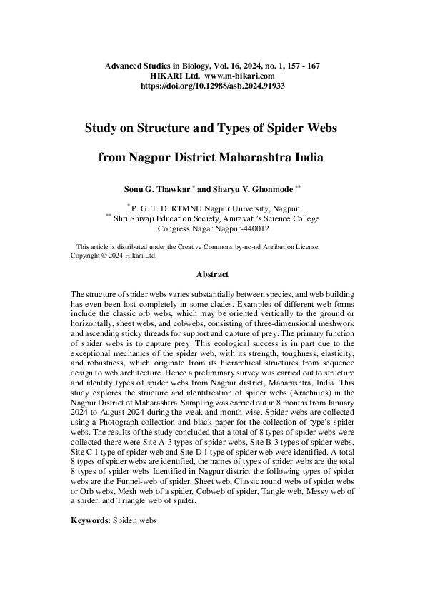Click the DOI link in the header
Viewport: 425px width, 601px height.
coord(212,84)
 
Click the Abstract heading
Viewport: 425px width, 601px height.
coord(212,274)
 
